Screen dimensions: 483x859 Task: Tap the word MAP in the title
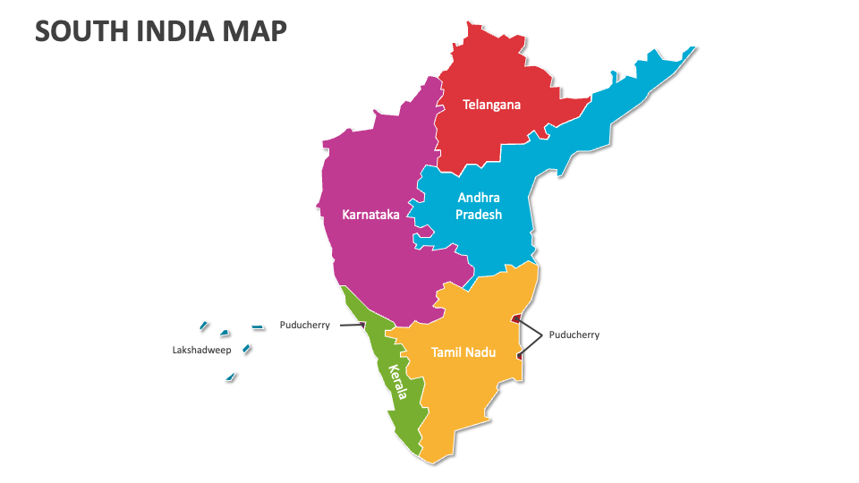[256, 31]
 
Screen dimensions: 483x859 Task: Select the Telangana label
[491, 105]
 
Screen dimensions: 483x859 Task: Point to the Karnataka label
[370, 215]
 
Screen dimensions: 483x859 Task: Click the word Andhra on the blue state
[479, 198]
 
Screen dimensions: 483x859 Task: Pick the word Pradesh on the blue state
[479, 215]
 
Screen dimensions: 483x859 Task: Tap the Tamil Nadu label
[464, 352]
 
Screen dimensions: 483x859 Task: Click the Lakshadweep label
[201, 351]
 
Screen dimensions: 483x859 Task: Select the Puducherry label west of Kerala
[304, 325]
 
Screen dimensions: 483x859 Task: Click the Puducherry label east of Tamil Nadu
[574, 335]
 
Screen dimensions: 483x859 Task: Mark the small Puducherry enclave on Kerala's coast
[362, 326]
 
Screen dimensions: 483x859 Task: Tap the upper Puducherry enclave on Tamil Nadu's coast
[516, 318]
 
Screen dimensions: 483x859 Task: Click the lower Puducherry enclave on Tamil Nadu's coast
[520, 356]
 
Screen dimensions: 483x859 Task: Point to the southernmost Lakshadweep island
[231, 378]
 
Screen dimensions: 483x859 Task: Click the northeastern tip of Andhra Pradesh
[691, 50]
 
